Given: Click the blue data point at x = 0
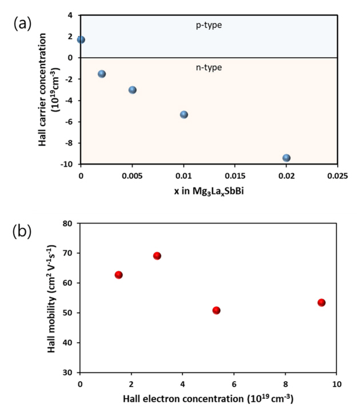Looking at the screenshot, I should [81, 39].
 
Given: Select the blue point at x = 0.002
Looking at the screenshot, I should [102, 74].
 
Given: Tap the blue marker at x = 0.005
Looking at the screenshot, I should [133, 90].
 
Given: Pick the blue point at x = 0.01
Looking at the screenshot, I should [184, 114].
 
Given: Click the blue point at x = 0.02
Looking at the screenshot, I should [286, 158].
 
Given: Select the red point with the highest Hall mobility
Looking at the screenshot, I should [157, 256].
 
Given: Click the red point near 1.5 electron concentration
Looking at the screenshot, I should [119, 275].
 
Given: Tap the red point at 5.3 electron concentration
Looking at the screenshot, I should [216, 310].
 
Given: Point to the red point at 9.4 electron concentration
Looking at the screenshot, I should [322, 302].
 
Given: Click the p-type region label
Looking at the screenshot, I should [209, 25].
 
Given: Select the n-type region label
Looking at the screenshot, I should [209, 67].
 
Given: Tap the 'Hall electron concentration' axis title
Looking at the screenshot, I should [208, 399].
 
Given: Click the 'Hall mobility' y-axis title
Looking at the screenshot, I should [52, 298].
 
